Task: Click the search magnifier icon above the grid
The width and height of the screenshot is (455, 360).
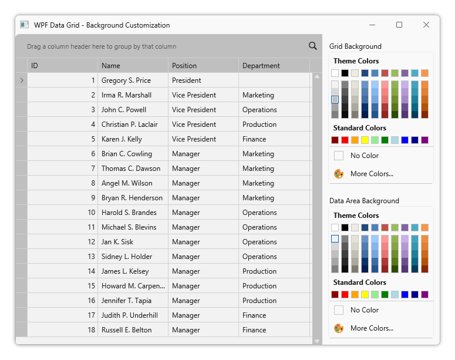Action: pos(312,46)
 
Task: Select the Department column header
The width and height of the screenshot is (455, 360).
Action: pos(274,66)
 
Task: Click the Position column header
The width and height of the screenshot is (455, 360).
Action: pos(203,66)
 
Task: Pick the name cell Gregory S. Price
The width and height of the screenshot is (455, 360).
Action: pos(133,80)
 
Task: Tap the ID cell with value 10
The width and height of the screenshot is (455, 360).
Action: pos(62,213)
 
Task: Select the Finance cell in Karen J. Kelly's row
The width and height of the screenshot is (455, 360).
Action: pos(274,139)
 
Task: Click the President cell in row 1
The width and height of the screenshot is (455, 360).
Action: pos(203,80)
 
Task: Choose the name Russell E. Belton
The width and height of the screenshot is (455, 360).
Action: pos(133,330)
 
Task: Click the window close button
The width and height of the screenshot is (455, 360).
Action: pos(426,25)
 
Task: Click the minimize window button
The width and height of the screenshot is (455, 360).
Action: pos(372,25)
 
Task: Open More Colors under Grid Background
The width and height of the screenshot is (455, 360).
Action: pos(372,174)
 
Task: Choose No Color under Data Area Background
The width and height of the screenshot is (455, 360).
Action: pos(364,310)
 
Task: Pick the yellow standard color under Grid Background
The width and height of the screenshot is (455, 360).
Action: pos(365,140)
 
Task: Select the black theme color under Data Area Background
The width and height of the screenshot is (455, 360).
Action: pos(345,227)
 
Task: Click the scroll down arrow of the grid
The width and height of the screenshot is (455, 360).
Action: pos(317,341)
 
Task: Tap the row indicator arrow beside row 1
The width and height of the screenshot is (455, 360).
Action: pos(22,80)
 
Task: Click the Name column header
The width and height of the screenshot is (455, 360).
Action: pos(133,66)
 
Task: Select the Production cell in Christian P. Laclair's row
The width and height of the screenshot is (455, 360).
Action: pos(274,125)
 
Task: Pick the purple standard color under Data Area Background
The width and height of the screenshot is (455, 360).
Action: pos(424,294)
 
